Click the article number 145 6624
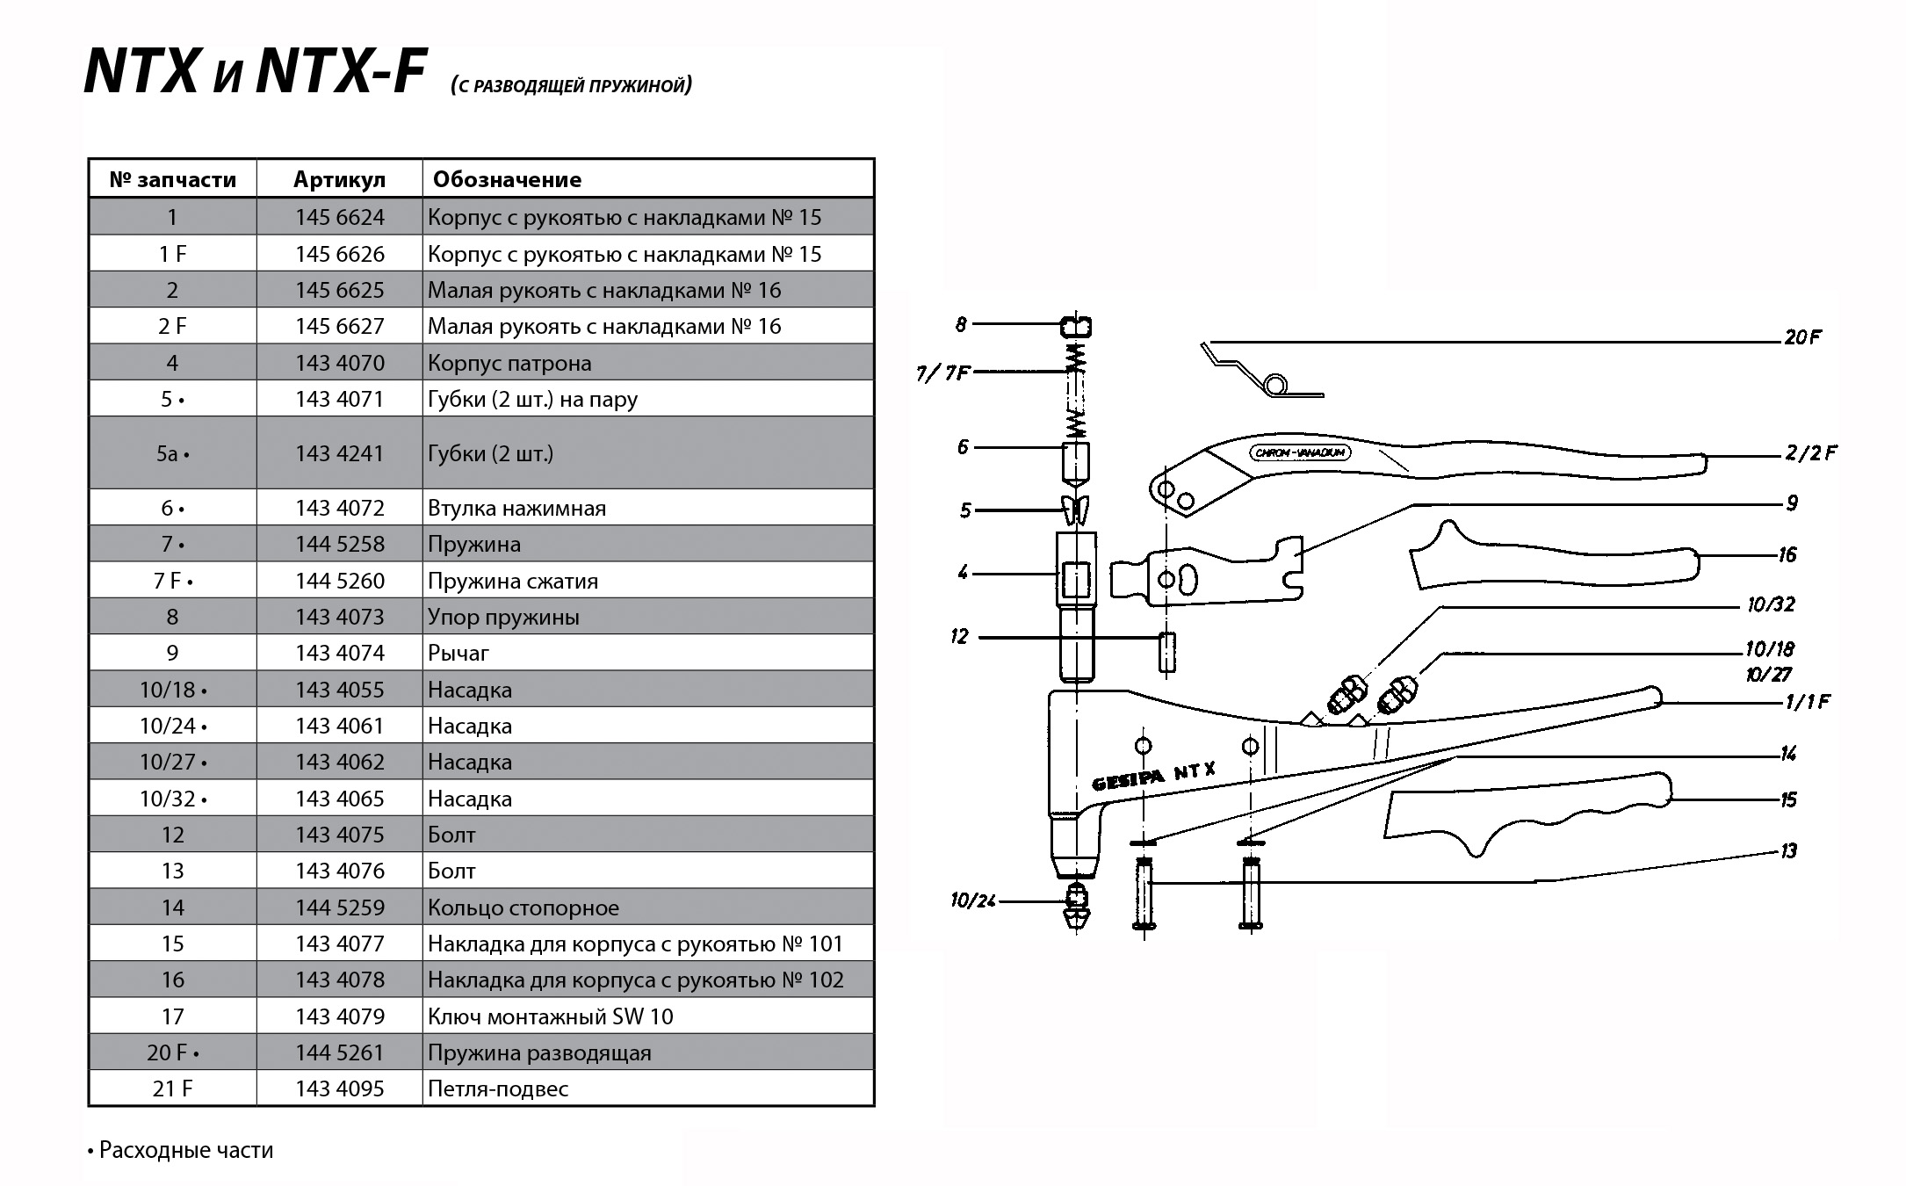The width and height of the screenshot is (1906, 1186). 340,217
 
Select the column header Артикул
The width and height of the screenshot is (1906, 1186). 339,179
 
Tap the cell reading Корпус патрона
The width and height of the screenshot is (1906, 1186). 509,363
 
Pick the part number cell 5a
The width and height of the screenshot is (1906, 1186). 172,453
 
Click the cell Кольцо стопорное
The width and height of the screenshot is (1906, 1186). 523,908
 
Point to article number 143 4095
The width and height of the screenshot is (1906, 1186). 340,1088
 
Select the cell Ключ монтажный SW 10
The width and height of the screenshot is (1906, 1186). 551,1016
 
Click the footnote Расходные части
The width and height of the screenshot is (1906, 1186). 185,1150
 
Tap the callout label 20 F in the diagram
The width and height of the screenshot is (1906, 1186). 1802,337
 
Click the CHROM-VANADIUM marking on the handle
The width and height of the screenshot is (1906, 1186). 1300,453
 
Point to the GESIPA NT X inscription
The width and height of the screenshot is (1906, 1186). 1153,777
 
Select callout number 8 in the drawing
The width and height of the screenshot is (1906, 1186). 961,325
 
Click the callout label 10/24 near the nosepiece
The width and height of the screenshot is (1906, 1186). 972,901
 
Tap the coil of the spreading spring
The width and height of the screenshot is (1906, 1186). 1275,385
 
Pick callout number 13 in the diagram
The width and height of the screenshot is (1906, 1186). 1789,850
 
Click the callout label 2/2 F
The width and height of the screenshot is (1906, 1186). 1810,453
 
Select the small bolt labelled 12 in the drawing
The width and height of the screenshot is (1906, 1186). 1166,652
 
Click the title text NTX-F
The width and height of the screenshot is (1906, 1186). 341,72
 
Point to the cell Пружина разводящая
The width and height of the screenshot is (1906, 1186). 539,1052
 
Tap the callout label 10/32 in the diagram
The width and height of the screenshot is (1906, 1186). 1771,604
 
